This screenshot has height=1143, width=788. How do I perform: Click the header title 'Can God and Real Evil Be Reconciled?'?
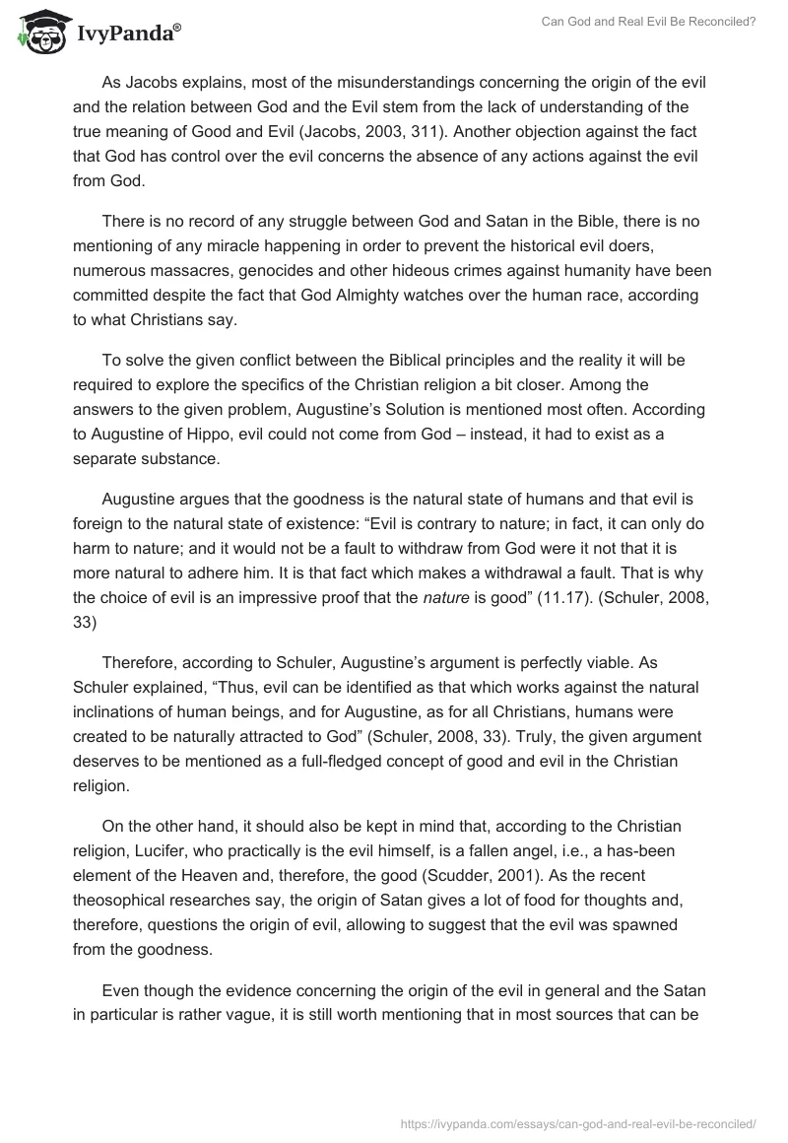[649, 22]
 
